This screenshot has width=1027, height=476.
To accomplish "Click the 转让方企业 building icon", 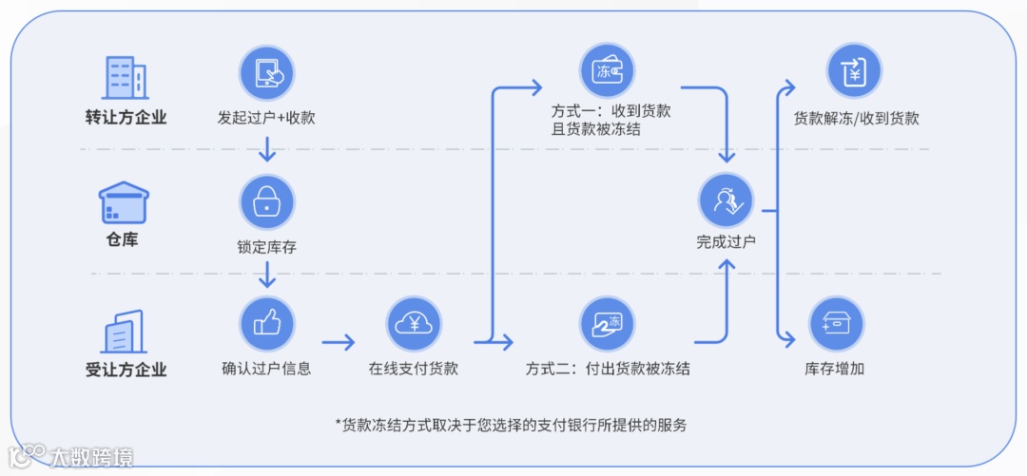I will coord(125,76).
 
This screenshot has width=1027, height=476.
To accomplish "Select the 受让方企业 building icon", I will coord(124,332).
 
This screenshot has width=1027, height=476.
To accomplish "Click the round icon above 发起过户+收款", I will coord(266,74).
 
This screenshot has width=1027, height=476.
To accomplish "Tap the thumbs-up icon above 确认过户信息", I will coord(266,324).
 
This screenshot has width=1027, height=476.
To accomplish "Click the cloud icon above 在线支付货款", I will coord(414,324).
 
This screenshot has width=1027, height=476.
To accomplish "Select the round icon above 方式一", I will coord(607,71).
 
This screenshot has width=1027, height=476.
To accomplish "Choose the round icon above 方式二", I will coord(607,324).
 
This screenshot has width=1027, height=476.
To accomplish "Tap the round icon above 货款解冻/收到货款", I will coord(854,71).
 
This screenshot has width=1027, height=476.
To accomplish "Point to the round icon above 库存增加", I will coord(835,324).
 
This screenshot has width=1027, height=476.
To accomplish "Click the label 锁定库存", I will coord(266,247).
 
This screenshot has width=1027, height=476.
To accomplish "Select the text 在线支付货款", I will coord(414,369).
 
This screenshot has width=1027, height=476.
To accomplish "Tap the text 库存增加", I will coord(835,369).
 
